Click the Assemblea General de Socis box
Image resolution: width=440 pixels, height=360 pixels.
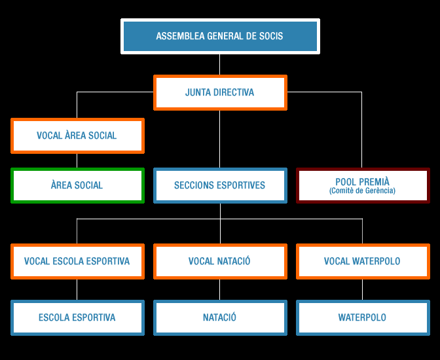point(220,36)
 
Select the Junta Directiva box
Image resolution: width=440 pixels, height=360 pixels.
point(220,93)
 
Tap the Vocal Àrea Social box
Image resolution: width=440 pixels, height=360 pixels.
point(77,136)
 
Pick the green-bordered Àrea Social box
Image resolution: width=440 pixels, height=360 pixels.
point(77,185)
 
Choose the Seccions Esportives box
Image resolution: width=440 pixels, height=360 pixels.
point(220,185)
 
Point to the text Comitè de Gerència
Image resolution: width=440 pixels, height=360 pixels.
point(362,191)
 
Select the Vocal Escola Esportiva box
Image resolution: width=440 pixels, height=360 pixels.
point(77,261)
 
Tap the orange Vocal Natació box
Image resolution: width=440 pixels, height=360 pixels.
point(220,261)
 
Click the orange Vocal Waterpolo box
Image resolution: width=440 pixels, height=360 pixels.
point(362,261)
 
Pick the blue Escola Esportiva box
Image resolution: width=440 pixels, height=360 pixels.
point(77,317)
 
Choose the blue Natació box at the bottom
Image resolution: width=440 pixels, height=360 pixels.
point(220,317)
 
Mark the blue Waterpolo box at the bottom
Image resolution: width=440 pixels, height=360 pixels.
point(362,317)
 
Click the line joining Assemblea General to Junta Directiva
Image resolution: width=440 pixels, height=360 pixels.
point(220,64)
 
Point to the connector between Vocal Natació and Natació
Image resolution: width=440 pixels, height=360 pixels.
point(220,289)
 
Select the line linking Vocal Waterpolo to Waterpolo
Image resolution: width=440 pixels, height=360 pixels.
point(362,289)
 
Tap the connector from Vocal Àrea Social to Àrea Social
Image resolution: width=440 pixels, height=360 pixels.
point(77,160)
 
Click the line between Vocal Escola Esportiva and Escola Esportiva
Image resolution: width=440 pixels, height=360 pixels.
point(77,289)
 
